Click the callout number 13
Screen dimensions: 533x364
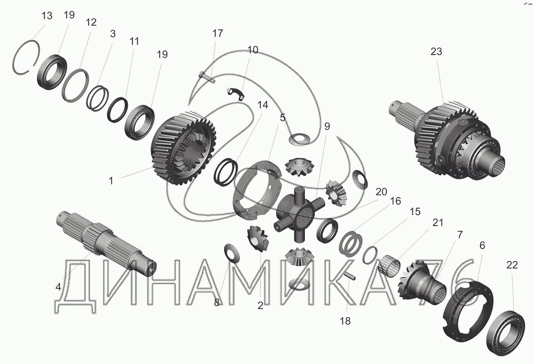[47, 16]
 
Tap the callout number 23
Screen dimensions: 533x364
[436, 51]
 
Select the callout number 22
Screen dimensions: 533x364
[512, 265]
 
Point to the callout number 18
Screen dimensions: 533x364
[345, 321]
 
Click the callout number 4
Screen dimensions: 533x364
[58, 287]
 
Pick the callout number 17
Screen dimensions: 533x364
[217, 33]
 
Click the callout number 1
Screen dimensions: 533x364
[111, 181]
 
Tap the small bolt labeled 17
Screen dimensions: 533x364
[207, 77]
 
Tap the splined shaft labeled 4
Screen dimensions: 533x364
[106, 244]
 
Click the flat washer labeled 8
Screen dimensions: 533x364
[232, 253]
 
